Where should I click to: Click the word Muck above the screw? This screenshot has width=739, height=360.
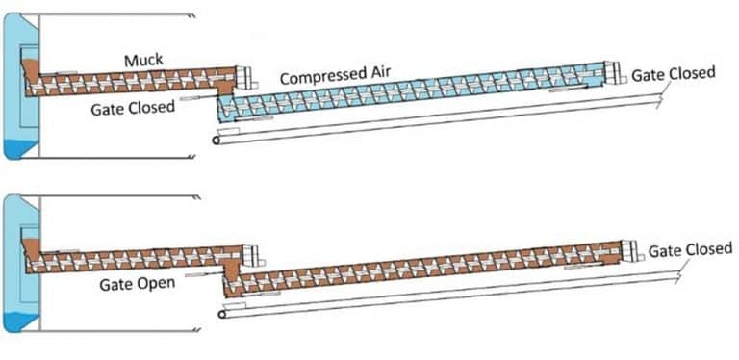143,61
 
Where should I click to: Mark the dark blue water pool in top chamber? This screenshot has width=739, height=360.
18,149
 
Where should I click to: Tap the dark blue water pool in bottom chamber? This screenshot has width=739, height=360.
18,322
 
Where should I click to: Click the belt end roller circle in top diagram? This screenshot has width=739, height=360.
217,140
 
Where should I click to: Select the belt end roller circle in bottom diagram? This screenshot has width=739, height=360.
225,313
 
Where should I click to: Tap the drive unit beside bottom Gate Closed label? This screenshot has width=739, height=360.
633,248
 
